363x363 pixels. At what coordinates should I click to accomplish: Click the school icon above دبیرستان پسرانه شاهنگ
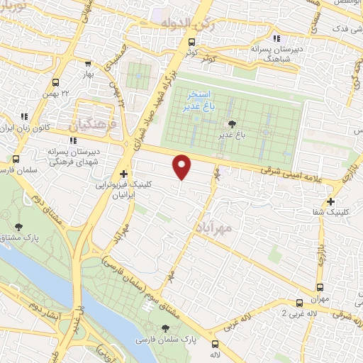coord(277,40)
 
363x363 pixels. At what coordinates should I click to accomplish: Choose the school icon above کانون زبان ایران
coord(24,116)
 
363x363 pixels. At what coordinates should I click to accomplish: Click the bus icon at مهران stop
coord(320,287)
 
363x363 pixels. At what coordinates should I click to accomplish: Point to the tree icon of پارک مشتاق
coord(17,228)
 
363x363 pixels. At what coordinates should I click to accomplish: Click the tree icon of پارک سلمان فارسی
coord(166,328)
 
